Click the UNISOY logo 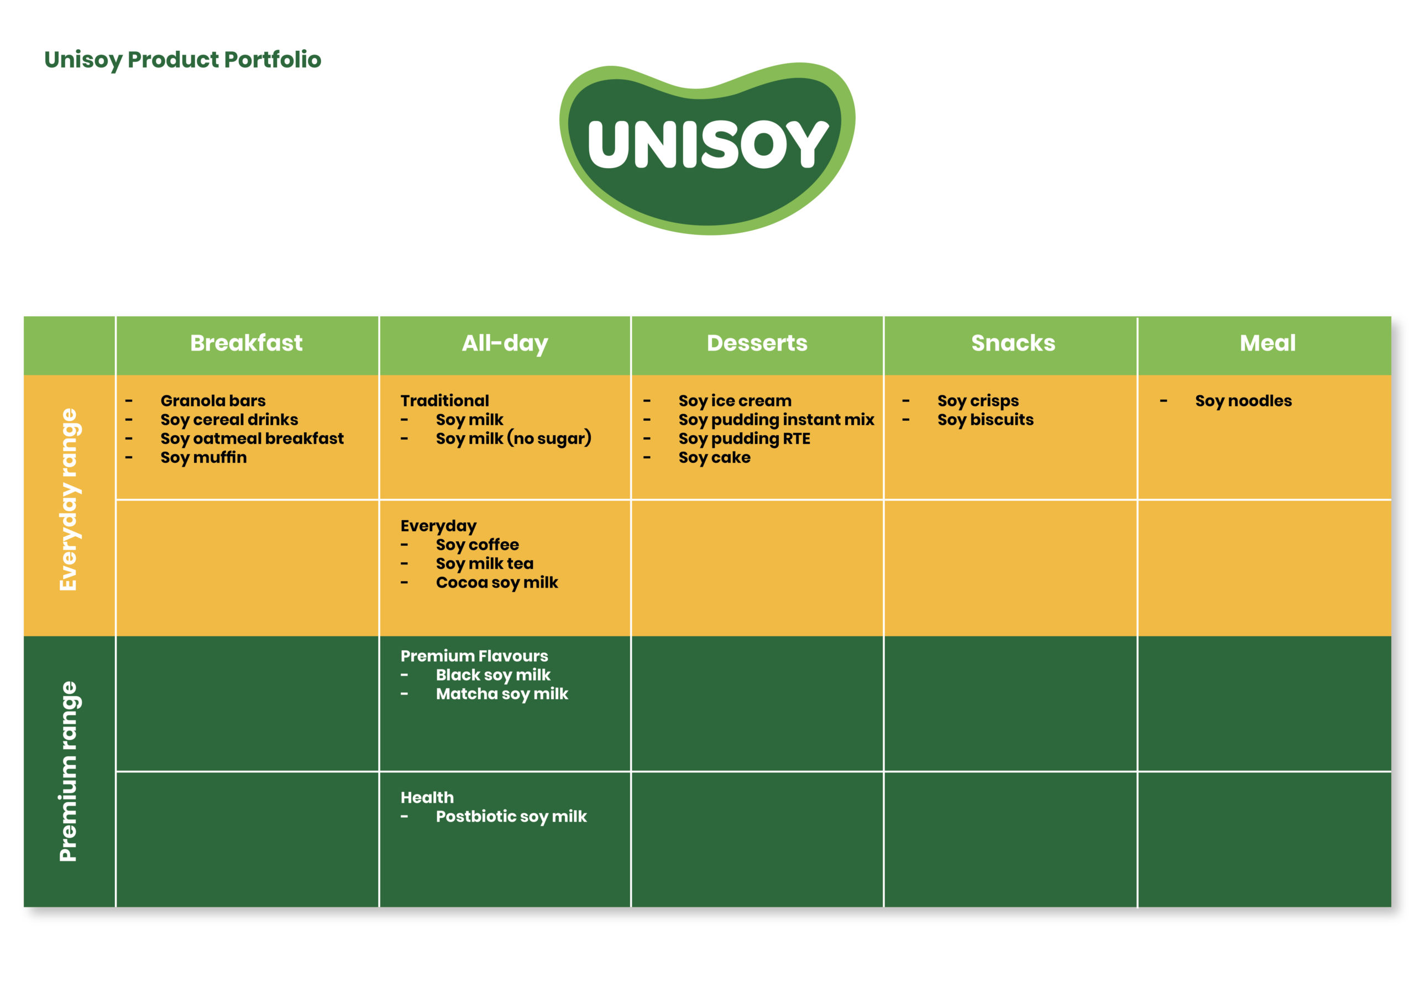(707, 148)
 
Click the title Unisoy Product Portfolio (182, 60)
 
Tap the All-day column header (505, 343)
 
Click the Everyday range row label (68, 499)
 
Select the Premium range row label (68, 771)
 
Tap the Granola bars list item (213, 401)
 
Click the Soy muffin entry (203, 458)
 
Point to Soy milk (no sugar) (513, 438)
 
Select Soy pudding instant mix (776, 420)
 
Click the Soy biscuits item (985, 420)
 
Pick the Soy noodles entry (1243, 401)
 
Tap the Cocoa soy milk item (497, 583)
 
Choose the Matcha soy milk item (502, 694)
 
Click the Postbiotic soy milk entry (511, 817)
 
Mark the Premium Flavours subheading (474, 656)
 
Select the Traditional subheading (444, 401)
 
